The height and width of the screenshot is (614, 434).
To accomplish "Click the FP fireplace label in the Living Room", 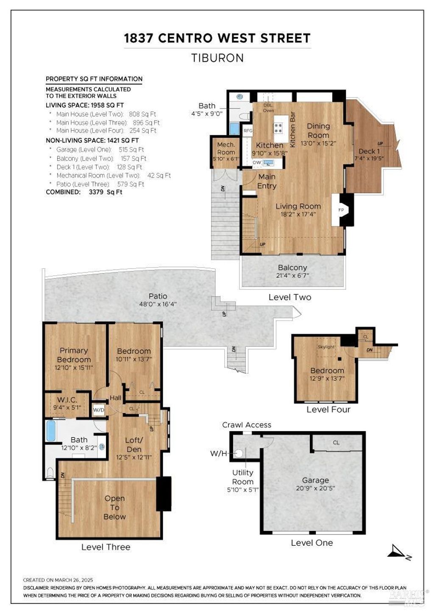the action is coord(341,210).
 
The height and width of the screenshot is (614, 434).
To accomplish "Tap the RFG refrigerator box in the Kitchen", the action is coord(248,131).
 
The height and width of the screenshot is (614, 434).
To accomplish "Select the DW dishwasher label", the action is coord(257,162).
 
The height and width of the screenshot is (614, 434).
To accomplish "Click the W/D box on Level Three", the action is coord(99,410).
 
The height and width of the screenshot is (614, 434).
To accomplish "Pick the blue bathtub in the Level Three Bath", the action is coord(51,431).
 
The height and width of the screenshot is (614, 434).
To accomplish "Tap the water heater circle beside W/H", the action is coord(239,454).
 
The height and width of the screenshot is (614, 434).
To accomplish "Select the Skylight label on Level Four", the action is coord(326,347).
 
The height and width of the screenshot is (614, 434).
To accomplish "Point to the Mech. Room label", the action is coord(226,148).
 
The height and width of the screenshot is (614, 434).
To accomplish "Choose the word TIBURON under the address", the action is coord(217,58).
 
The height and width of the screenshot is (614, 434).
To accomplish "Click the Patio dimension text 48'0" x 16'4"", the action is coord(158,304).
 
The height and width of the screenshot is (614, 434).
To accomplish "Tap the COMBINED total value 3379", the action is coord(96,192).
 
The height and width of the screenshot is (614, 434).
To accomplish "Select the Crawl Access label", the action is coord(247,425).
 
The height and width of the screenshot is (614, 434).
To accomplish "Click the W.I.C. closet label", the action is coord(67,399).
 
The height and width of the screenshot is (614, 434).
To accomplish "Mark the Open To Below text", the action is coord(114,508).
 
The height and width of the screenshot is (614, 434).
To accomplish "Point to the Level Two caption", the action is coord(289,297).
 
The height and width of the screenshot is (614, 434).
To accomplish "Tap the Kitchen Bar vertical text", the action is coord(292,129).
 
